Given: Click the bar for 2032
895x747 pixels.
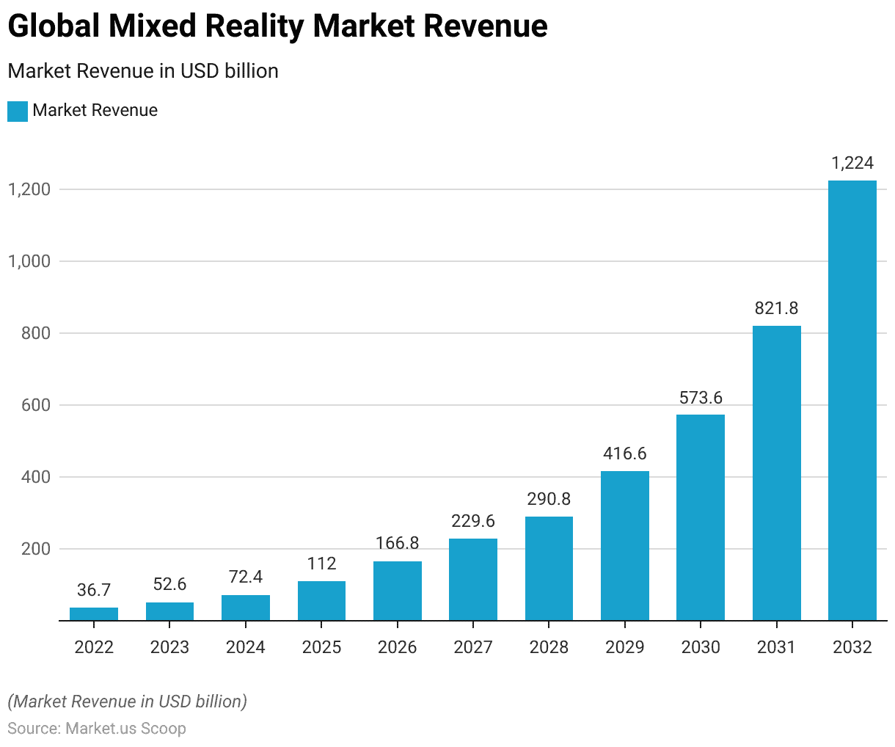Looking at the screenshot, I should click(852, 400).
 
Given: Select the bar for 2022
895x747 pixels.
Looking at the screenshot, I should click(94, 614).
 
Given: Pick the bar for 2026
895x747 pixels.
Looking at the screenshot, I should click(397, 591).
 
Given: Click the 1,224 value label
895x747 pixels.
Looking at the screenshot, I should click(852, 163).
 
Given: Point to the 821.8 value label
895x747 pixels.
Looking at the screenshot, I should click(776, 308).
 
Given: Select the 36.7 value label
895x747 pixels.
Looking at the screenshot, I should click(94, 590).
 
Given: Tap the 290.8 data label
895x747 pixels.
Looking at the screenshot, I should click(549, 499).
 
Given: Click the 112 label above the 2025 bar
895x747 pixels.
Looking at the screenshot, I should click(321, 564).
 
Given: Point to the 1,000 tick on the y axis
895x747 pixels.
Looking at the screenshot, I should click(29, 261).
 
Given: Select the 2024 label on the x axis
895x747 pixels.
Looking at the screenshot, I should click(246, 647).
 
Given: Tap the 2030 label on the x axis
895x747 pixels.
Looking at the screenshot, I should click(701, 647).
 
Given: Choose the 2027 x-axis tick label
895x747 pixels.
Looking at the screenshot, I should click(473, 647).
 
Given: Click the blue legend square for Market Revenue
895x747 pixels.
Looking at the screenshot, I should click(18, 111).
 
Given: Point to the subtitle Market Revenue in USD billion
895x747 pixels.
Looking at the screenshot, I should click(143, 71).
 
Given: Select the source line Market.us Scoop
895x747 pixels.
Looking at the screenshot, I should click(97, 729).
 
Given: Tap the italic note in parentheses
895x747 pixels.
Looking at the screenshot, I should click(128, 702).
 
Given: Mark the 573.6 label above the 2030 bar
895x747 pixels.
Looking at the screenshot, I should click(701, 398).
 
